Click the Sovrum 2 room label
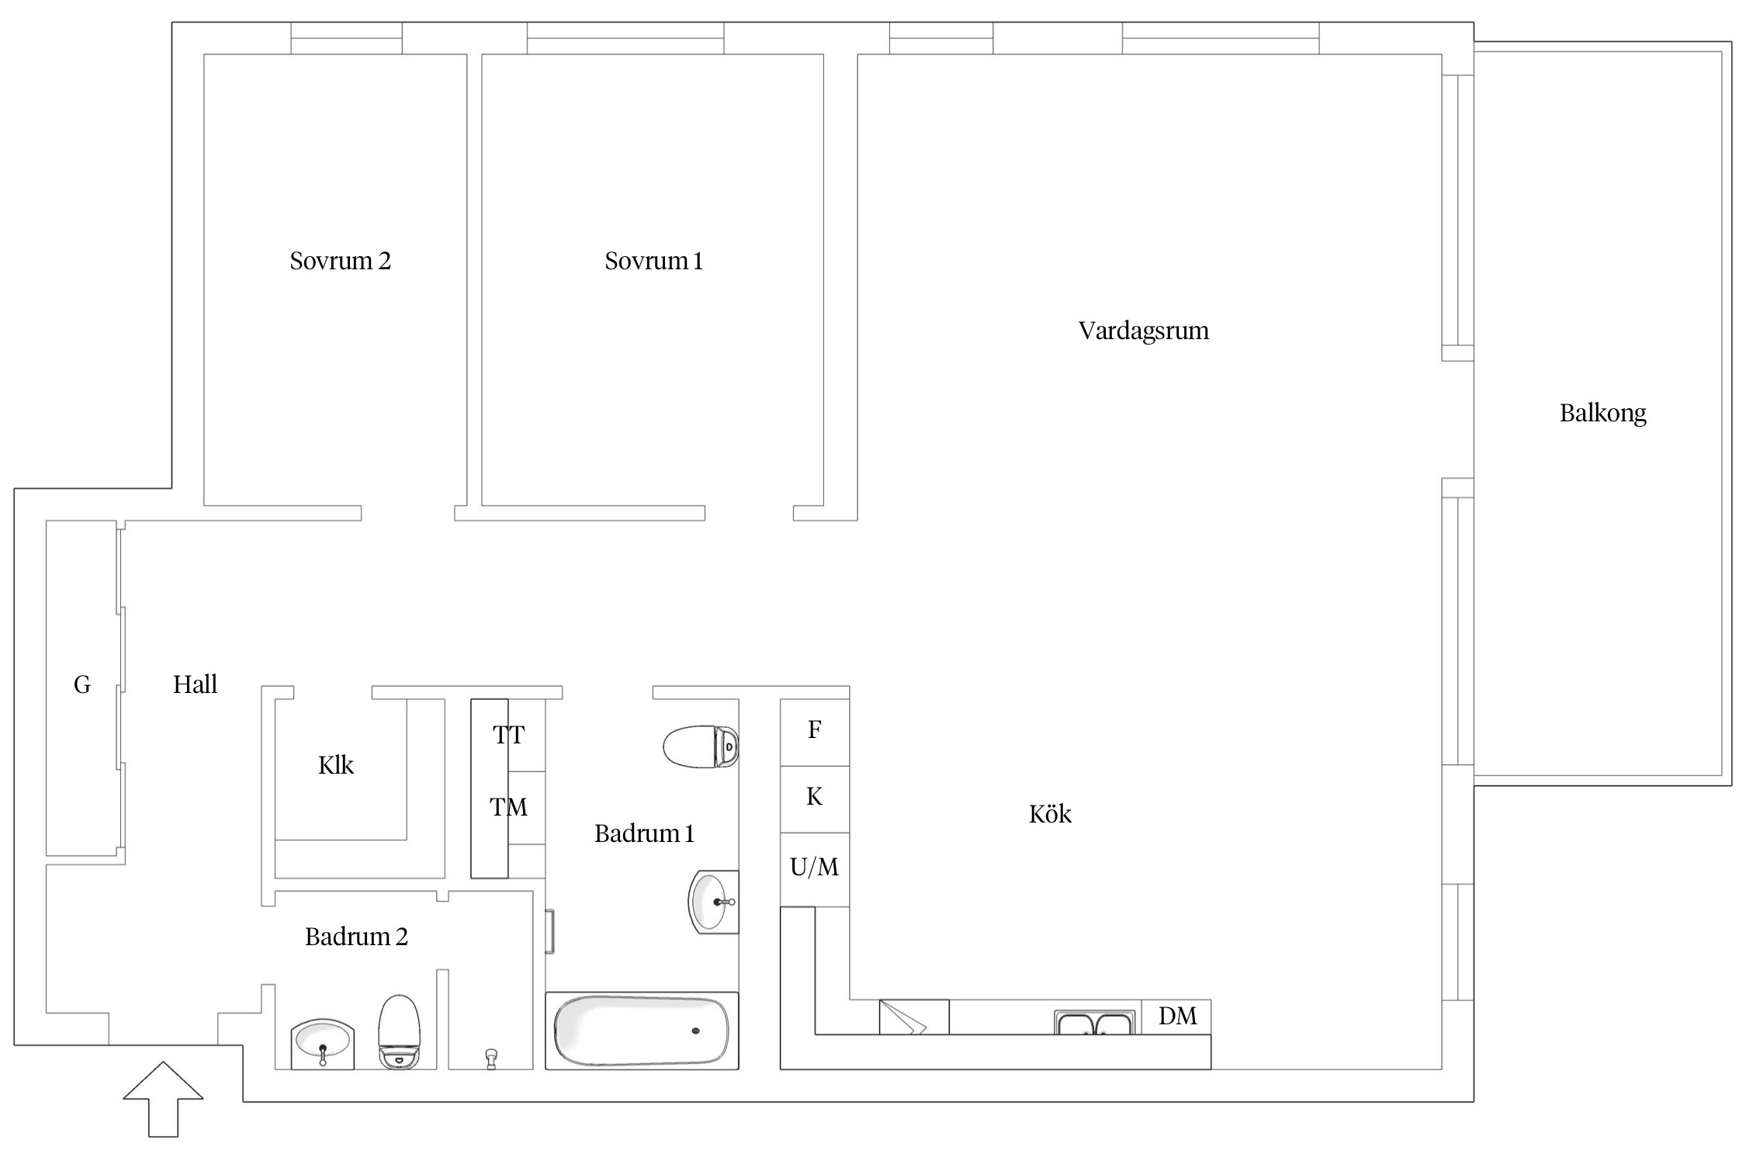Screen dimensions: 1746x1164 [x=340, y=261]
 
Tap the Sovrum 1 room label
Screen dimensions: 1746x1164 [x=653, y=261]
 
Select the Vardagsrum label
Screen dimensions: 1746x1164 [x=1143, y=331]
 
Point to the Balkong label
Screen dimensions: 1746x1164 [x=1602, y=413]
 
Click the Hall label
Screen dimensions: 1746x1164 [x=195, y=684]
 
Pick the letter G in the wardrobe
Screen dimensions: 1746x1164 [x=81, y=684]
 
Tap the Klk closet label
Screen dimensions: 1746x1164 [x=335, y=766]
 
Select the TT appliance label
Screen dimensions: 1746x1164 [x=508, y=735]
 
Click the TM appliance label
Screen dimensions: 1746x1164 [x=508, y=808]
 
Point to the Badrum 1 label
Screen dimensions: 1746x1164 [x=644, y=834]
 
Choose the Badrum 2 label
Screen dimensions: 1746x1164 [x=356, y=937]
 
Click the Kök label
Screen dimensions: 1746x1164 [x=1050, y=814]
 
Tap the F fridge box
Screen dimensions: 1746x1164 [x=815, y=733]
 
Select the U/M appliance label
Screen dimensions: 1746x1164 [x=814, y=867]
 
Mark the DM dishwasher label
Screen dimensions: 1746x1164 [x=1177, y=1017]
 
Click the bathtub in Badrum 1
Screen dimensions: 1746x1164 [x=642, y=1031]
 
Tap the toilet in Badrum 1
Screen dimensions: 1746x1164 [x=701, y=747]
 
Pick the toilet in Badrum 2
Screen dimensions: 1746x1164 [x=399, y=1032]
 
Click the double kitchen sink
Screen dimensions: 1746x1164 [x=1094, y=1023]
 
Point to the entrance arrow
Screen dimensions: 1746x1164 [x=163, y=1100]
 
